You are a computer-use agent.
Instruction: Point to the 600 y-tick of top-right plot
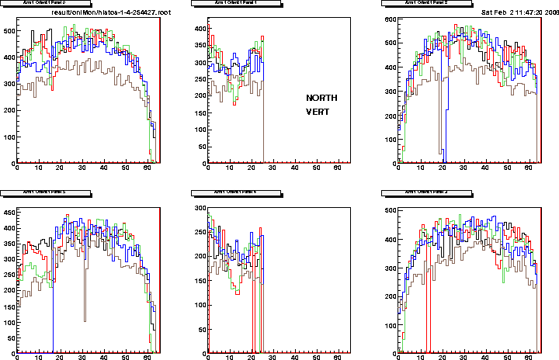tap(389, 19)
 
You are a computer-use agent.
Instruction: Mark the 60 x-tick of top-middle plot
tap(336, 169)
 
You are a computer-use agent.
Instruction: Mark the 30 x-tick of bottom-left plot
tap(82, 356)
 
